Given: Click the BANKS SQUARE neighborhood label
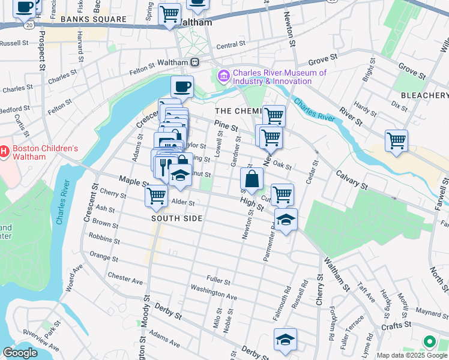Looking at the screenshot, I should tap(93, 19).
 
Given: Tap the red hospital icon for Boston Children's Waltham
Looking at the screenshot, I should tap(3, 152).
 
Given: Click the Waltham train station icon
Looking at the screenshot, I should tap(195, 62).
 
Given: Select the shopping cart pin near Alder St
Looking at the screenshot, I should tap(157, 195).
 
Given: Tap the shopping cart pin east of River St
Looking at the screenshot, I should tap(396, 141).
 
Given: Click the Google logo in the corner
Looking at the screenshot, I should tap(20, 353).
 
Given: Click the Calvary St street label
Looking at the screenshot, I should tap(352, 178).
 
